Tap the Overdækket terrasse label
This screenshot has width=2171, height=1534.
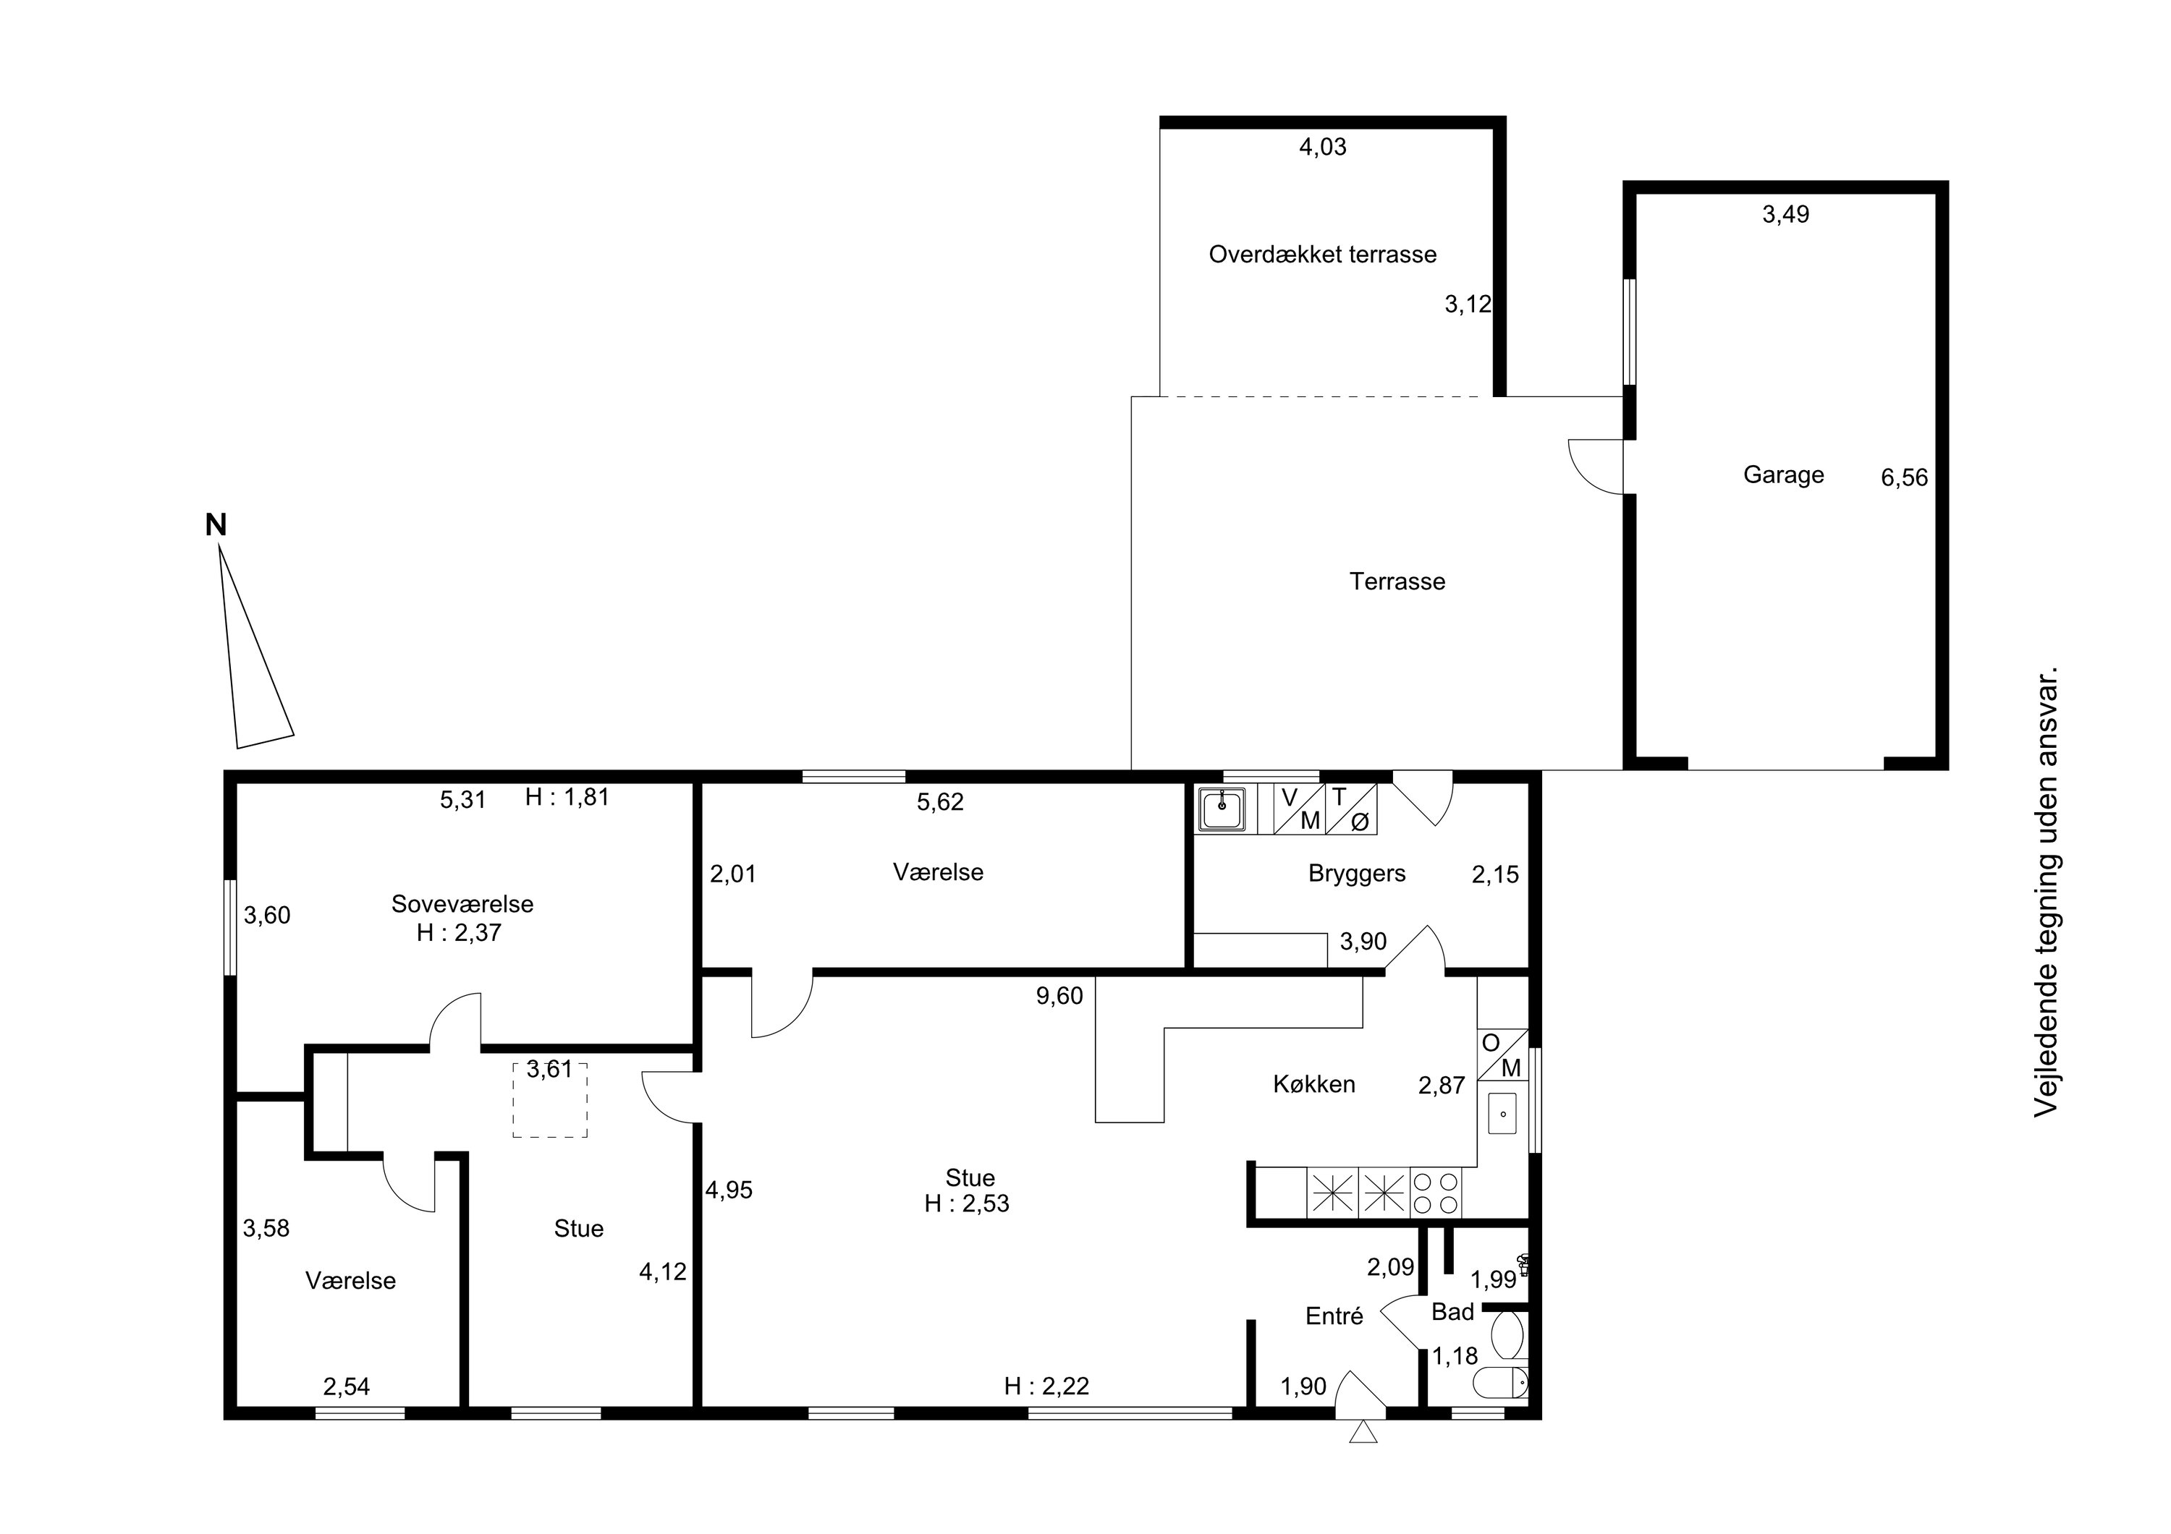1322,255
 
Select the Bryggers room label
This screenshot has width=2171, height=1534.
1357,874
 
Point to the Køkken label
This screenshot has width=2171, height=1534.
1313,1084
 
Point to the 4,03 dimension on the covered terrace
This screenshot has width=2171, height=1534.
1322,147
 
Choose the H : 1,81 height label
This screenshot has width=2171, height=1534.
567,797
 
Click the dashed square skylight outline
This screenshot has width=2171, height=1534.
549,1100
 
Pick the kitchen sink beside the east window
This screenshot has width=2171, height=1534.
1502,1113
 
